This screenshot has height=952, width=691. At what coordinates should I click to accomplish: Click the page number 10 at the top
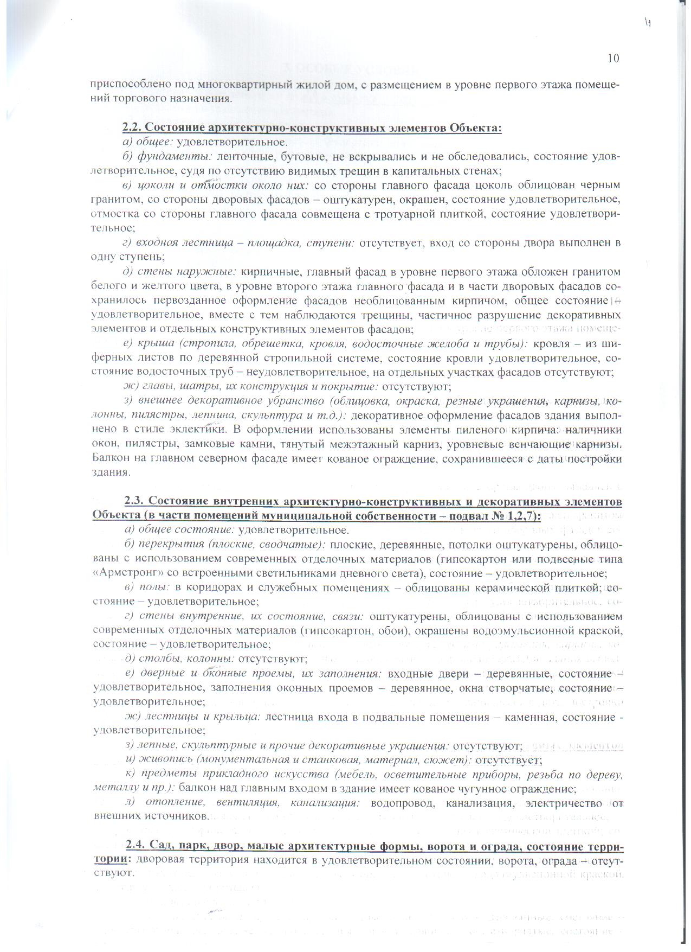click(x=613, y=59)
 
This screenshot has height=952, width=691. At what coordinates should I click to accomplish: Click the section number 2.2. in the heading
click(x=132, y=128)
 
